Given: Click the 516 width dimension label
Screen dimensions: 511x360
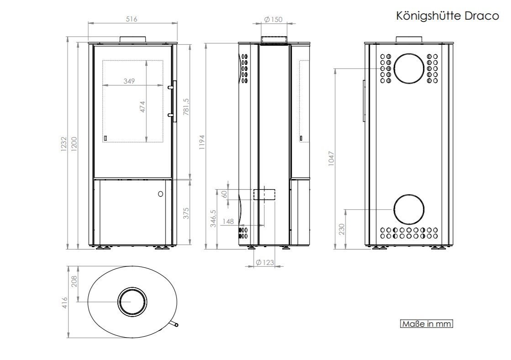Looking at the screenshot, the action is (132, 19).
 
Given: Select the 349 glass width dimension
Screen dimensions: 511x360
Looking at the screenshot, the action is (129, 81).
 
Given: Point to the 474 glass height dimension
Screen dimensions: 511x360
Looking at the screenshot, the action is (142, 107).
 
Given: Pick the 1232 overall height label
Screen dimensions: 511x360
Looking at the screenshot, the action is (63, 144).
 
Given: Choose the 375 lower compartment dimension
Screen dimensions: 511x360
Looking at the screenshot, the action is (186, 213).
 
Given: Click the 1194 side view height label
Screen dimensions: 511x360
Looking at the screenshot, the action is (202, 142).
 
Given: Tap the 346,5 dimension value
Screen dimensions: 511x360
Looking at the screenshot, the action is (213, 218).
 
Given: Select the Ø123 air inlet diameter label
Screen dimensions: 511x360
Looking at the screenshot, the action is (264, 262).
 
